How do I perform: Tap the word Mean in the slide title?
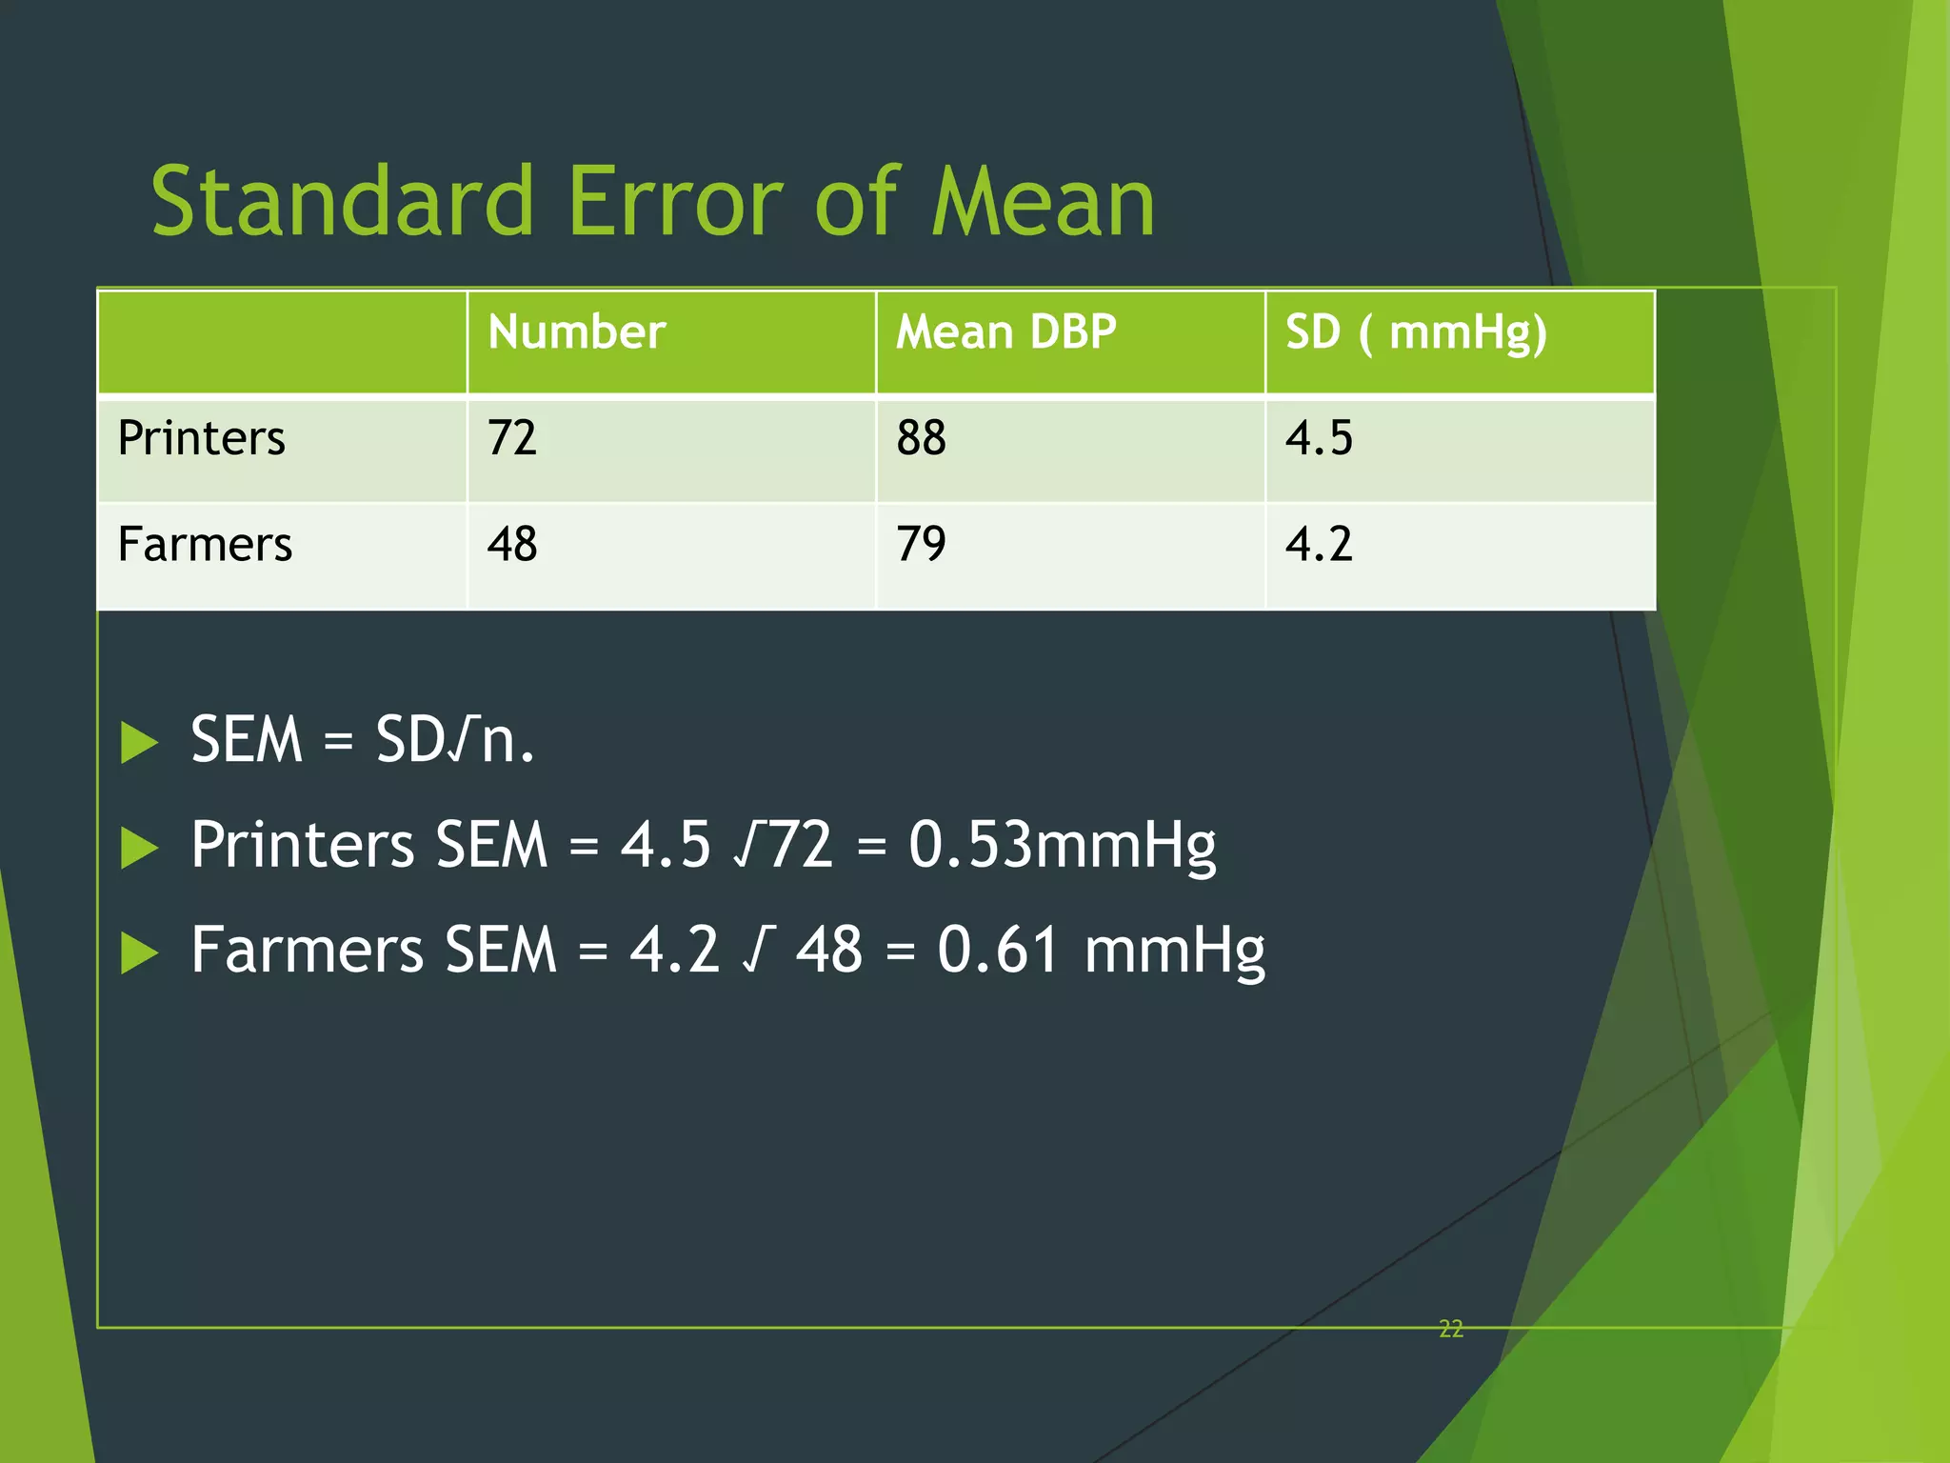point(1043,202)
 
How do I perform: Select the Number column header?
point(576,332)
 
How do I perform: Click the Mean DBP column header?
point(1005,332)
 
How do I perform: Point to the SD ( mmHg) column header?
point(1416,333)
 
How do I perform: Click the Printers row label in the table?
point(201,438)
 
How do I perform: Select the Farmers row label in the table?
point(205,545)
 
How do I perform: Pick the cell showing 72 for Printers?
point(512,438)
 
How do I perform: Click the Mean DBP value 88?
point(921,438)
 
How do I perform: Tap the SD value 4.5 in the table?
point(1319,438)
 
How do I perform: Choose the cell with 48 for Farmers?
point(512,545)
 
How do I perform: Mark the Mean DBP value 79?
point(921,545)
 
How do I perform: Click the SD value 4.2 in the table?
point(1319,545)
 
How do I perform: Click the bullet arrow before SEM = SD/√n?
point(139,743)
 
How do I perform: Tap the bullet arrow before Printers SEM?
point(139,848)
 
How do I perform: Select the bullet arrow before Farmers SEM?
point(139,952)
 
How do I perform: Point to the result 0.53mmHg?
point(1062,846)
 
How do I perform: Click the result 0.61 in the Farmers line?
point(997,951)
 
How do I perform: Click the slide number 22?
point(1450,1329)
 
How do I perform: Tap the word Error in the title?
point(674,202)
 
